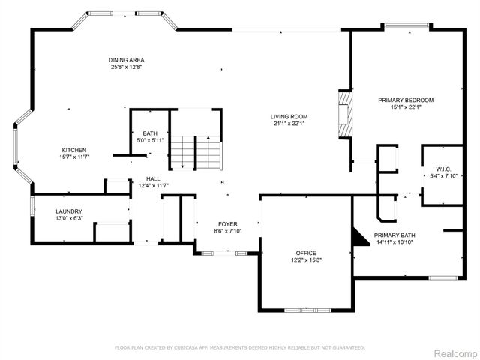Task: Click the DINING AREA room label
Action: tap(126, 60)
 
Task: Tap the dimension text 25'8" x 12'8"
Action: tap(126, 67)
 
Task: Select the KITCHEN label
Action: tap(74, 150)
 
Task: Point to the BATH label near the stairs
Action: tap(150, 133)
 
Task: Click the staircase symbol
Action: tap(195, 153)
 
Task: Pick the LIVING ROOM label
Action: tap(289, 116)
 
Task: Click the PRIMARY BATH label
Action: tap(405, 235)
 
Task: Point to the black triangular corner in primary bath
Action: tap(361, 236)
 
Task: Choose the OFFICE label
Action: tap(305, 253)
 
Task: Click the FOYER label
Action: tap(228, 223)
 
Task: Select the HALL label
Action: tap(153, 178)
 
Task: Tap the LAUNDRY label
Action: tap(68, 211)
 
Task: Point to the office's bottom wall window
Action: tap(306, 310)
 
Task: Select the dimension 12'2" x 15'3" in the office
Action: tap(305, 259)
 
